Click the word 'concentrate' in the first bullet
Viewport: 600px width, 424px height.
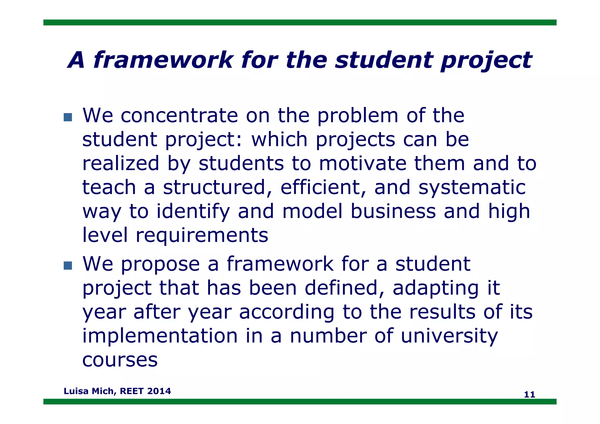pyautogui.click(x=179, y=115)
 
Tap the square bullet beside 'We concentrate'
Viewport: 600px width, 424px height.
pyautogui.click(x=68, y=117)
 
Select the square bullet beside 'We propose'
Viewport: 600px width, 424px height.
pyautogui.click(x=68, y=265)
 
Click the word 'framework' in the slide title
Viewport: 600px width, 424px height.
pyautogui.click(x=163, y=60)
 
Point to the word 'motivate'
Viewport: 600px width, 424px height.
pyautogui.click(x=362, y=164)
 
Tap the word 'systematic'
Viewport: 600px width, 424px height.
pyautogui.click(x=472, y=188)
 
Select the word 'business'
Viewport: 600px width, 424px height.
pyautogui.click(x=393, y=212)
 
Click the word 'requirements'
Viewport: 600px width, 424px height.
pyautogui.click(x=202, y=235)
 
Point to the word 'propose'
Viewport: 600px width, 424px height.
pyautogui.click(x=160, y=264)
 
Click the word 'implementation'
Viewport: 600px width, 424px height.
pyautogui.click(x=160, y=336)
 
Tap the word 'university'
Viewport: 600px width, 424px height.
pyautogui.click(x=449, y=336)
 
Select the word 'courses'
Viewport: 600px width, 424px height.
pyautogui.click(x=120, y=360)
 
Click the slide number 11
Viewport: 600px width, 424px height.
pyautogui.click(x=529, y=395)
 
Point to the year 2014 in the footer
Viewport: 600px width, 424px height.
pyautogui.click(x=159, y=391)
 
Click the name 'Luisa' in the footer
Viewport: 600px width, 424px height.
pyautogui.click(x=76, y=391)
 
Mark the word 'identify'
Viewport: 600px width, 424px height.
pyautogui.click(x=193, y=212)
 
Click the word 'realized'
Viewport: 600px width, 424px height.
pyautogui.click(x=120, y=164)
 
